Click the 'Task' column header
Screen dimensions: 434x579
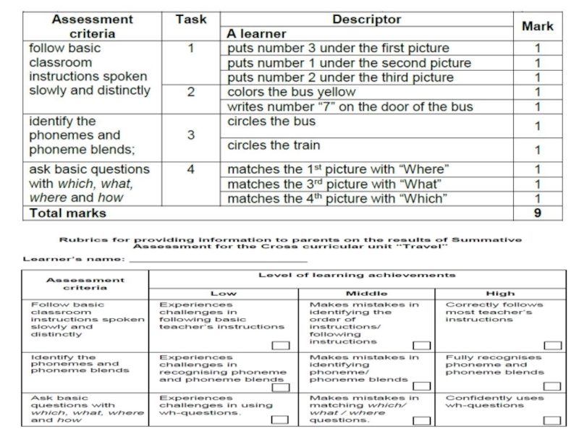click(191, 20)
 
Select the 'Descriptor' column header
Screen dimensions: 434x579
click(366, 20)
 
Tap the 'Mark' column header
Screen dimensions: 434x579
click(537, 26)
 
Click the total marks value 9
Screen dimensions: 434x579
click(537, 213)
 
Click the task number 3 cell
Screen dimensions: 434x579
click(191, 135)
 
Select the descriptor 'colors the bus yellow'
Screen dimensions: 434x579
click(292, 92)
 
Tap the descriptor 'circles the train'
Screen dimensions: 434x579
click(274, 145)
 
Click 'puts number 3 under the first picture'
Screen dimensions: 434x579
click(338, 48)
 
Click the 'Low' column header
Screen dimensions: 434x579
click(222, 293)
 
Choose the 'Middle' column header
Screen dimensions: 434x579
click(366, 293)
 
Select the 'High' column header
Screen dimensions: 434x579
click(500, 293)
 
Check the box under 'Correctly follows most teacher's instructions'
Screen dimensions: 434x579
click(552, 345)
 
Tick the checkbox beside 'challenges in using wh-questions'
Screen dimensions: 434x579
click(277, 420)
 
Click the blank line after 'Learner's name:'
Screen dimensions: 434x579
click(217, 258)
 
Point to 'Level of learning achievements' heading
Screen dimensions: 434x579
click(358, 275)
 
